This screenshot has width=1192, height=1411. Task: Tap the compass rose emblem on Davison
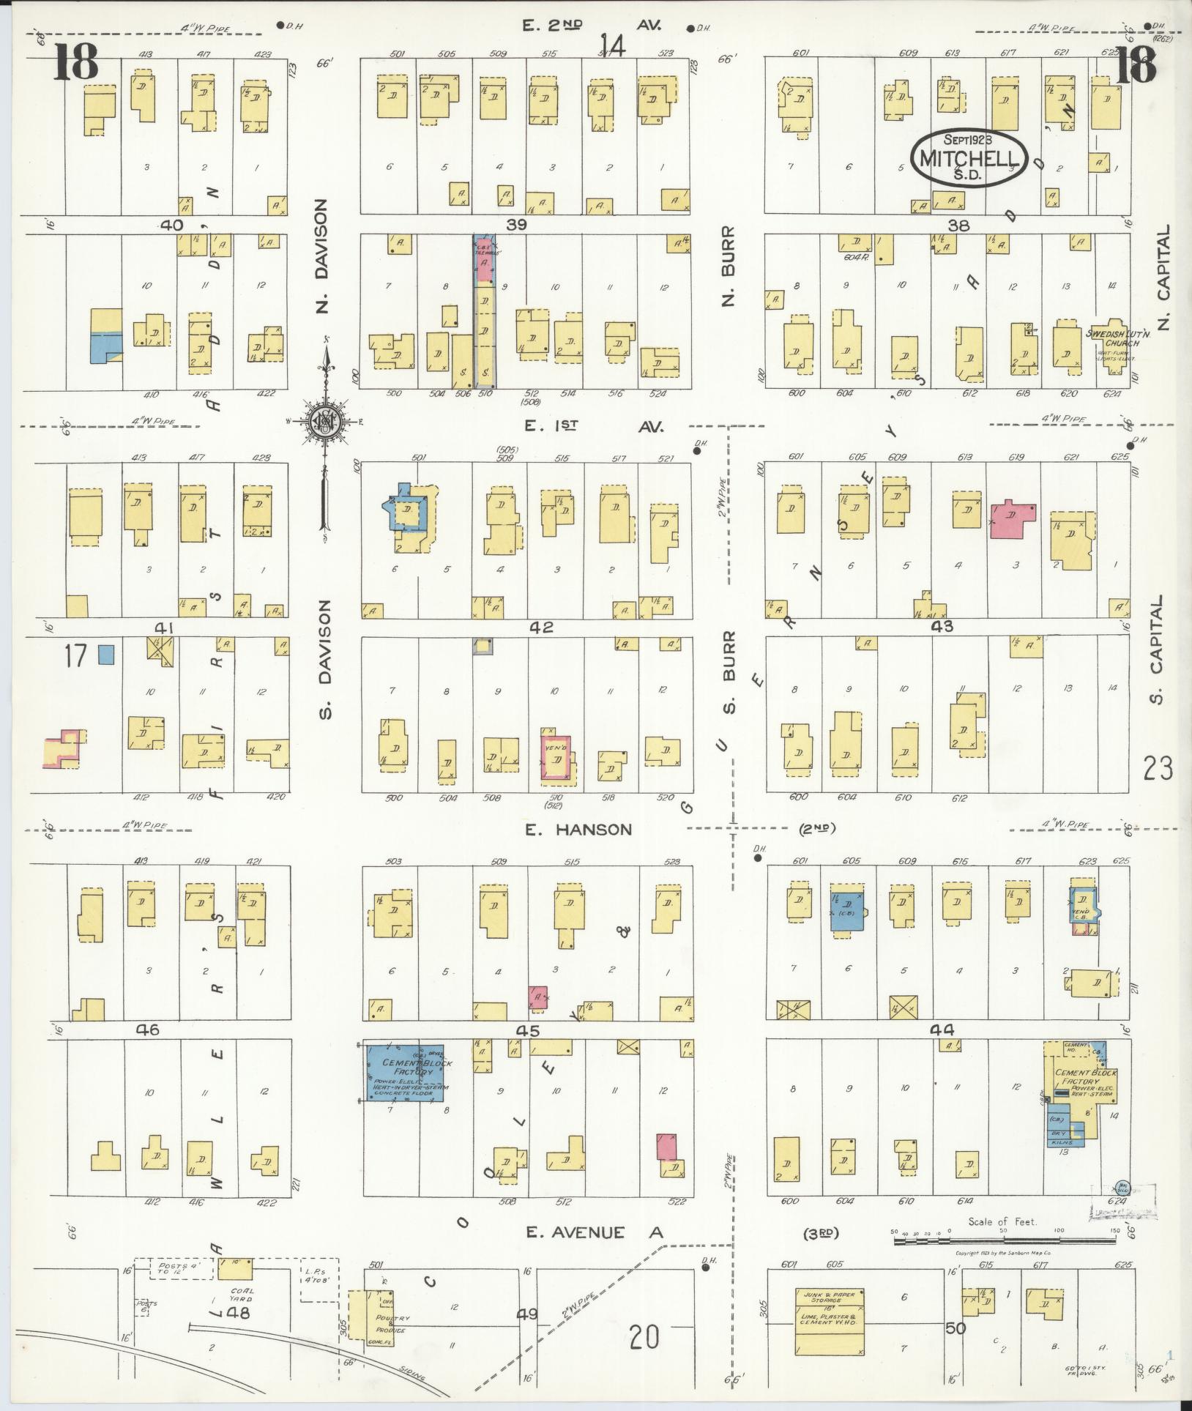tap(322, 422)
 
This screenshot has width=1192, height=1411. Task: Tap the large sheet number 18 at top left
tap(75, 64)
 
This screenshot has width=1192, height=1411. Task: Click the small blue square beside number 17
tap(107, 654)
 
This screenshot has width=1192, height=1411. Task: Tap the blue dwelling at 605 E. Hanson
tap(847, 910)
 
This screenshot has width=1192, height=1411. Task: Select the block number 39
tap(517, 226)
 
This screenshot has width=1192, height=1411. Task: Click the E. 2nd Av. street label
tap(593, 26)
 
